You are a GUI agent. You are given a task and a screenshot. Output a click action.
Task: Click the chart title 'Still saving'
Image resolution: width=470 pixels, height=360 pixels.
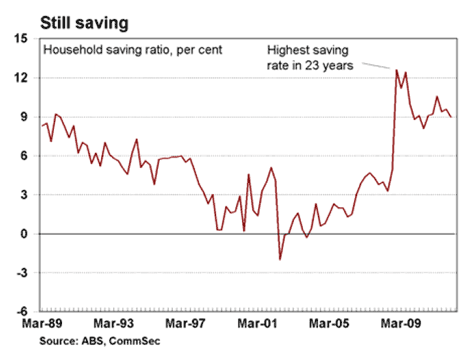pos(84,23)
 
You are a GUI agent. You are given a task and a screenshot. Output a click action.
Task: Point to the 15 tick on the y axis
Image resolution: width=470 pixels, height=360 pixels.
pos(20,39)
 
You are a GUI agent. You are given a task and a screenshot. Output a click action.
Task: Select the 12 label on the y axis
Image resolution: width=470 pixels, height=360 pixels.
pos(20,78)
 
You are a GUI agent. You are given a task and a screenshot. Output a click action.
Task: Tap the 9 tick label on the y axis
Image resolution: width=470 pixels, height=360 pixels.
pos(23,117)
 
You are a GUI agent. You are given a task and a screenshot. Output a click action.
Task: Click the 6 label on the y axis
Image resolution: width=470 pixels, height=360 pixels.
pos(23,156)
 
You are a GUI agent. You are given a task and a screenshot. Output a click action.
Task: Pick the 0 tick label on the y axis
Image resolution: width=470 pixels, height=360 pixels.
pos(23,234)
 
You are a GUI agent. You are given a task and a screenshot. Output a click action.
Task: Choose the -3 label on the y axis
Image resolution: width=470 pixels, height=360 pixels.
pos(21,273)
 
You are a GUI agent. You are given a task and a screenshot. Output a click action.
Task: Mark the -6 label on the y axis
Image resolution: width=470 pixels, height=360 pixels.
pos(21,312)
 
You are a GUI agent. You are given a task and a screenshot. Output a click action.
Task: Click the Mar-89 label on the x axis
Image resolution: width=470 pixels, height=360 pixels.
pos(42,323)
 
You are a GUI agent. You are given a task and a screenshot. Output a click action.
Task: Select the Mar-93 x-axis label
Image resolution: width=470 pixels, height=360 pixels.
pos(114,323)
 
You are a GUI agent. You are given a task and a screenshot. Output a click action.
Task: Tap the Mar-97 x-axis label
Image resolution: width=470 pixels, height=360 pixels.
pos(185,323)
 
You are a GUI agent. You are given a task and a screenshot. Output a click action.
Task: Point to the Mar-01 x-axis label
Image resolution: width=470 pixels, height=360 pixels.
pos(257,323)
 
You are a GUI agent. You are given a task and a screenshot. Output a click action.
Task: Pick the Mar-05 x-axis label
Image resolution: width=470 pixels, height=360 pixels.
pos(329,323)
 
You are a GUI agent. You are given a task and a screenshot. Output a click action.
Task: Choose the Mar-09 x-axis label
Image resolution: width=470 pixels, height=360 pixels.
pos(401,323)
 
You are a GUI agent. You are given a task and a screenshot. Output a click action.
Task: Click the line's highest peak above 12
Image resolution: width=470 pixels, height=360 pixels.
pos(396,70)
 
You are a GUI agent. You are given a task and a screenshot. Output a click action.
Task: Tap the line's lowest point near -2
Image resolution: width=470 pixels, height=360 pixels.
pos(280,259)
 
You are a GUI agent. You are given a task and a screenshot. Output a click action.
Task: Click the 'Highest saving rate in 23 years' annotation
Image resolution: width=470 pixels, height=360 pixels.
pos(310,58)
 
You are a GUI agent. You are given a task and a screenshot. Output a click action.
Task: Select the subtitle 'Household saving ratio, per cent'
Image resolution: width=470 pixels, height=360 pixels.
pos(133,50)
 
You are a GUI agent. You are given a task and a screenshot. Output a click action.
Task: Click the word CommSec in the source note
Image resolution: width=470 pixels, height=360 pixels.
pos(134,341)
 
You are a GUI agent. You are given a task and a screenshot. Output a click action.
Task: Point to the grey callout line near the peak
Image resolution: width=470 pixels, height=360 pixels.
pos(376,65)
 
